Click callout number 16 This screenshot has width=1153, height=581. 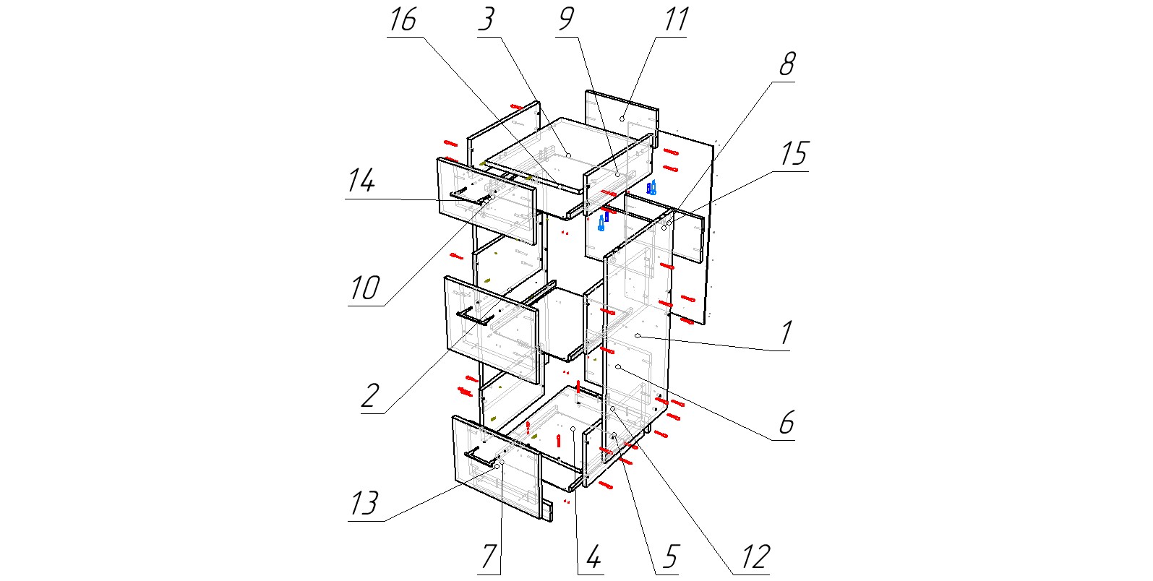(x=403, y=20)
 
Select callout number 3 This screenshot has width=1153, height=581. (x=487, y=20)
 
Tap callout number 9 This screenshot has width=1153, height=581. (x=567, y=20)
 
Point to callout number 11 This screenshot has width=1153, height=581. (x=676, y=20)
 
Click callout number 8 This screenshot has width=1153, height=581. (x=786, y=65)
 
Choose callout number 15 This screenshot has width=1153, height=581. (x=794, y=155)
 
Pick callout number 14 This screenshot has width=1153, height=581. (x=361, y=181)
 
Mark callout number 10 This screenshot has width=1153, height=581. (x=364, y=288)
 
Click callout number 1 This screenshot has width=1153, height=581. (x=786, y=333)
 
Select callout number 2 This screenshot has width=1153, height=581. (x=370, y=396)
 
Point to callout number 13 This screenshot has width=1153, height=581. (x=364, y=503)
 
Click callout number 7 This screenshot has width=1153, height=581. (x=489, y=557)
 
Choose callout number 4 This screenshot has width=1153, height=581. (x=593, y=557)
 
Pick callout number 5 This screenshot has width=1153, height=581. (x=670, y=557)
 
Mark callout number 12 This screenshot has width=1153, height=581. (x=755, y=557)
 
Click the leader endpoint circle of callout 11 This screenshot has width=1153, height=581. (x=622, y=119)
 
